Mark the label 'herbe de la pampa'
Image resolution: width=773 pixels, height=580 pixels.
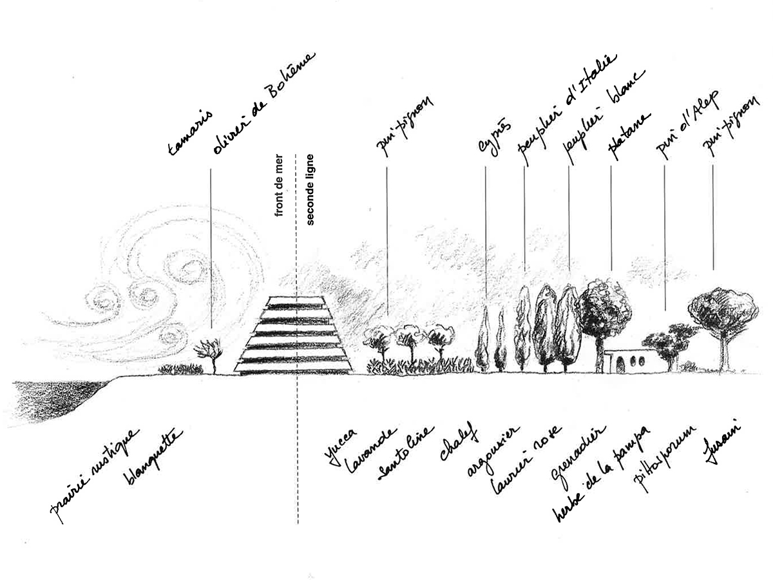[x=602, y=474]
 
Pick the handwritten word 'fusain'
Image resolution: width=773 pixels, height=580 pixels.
[x=721, y=445]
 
